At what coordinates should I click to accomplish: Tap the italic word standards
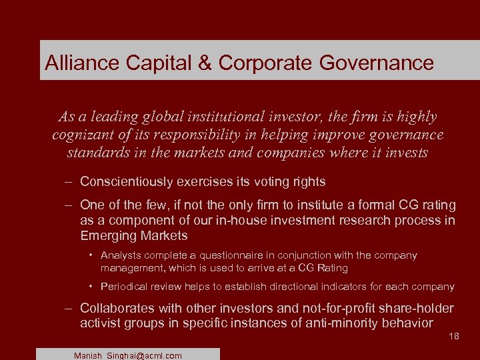pyautogui.click(x=99, y=152)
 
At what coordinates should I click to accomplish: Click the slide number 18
pyautogui.click(x=454, y=337)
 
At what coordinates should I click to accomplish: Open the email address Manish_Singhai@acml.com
pyautogui.click(x=128, y=356)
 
